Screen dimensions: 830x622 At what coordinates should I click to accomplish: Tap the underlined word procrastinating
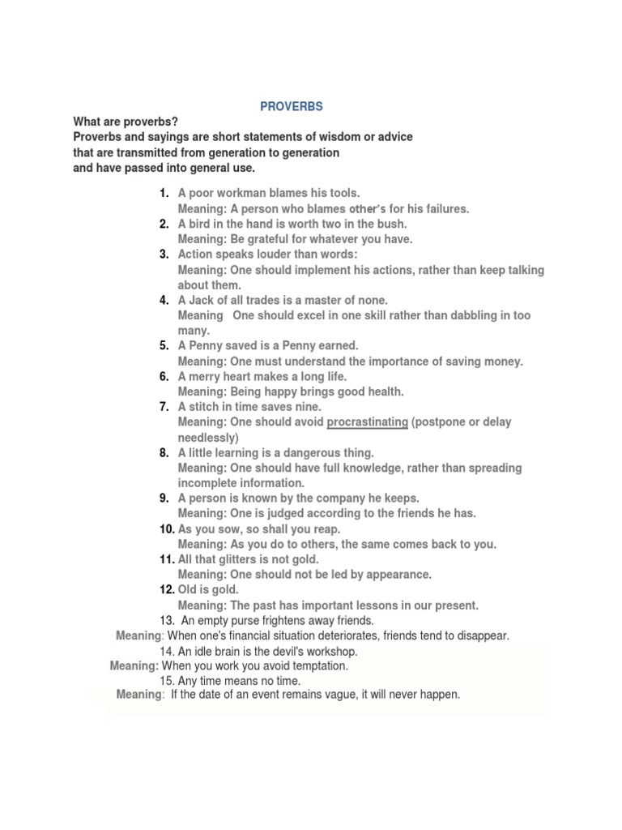click(367, 422)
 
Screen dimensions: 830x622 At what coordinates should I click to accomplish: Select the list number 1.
click(164, 193)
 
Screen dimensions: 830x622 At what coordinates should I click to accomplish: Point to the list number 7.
click(164, 407)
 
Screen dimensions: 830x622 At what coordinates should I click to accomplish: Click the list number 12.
click(167, 590)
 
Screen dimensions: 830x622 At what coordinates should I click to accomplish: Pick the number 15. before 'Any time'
click(168, 681)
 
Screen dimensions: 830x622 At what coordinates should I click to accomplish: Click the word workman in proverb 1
click(240, 193)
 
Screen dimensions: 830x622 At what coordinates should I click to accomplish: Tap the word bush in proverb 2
click(393, 224)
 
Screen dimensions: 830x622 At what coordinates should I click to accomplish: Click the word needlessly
click(208, 438)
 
